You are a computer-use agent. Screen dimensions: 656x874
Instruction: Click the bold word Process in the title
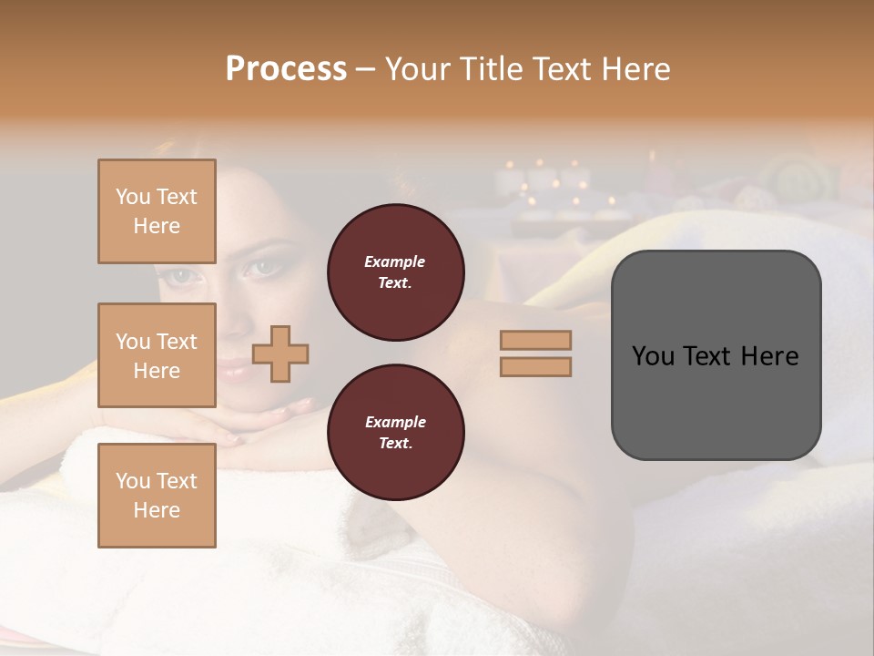(x=286, y=69)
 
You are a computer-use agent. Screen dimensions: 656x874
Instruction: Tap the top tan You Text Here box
(x=157, y=211)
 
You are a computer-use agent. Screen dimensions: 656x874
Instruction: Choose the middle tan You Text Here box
(x=157, y=355)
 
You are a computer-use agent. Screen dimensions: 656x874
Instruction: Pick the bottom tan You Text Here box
(x=157, y=495)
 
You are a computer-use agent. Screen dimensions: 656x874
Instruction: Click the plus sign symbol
(x=280, y=354)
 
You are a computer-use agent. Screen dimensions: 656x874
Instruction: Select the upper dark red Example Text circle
(x=395, y=272)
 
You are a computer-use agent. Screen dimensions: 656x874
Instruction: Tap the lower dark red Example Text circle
(x=395, y=433)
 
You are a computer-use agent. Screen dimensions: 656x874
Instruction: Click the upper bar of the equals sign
(x=536, y=340)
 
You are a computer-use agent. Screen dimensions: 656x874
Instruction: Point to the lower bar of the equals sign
(x=536, y=366)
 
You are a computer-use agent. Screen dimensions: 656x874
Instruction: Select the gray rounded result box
(x=716, y=354)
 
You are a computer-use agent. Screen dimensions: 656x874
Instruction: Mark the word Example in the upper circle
(x=394, y=262)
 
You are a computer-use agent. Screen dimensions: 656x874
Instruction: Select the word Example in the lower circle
(x=395, y=423)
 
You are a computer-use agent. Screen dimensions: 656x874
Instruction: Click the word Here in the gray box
(x=770, y=356)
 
